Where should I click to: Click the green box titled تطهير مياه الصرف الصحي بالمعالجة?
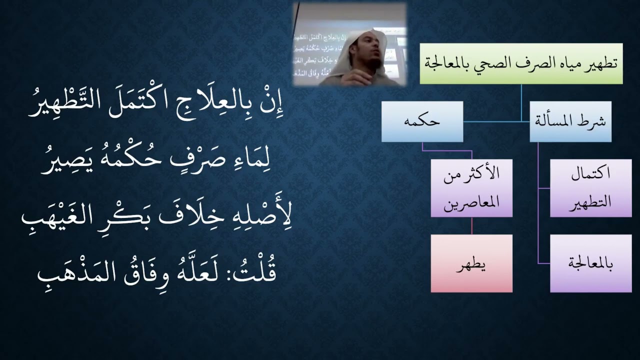click(x=520, y=63)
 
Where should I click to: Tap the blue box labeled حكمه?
click(x=422, y=121)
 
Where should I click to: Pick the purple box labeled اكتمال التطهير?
click(x=590, y=188)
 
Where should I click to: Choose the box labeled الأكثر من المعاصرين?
click(x=471, y=188)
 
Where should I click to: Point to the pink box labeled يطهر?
click(x=471, y=263)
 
